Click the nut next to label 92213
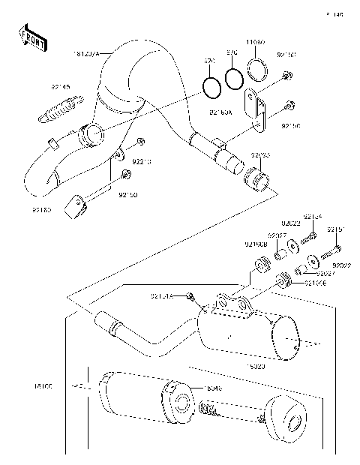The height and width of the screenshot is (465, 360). (x=140, y=142)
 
